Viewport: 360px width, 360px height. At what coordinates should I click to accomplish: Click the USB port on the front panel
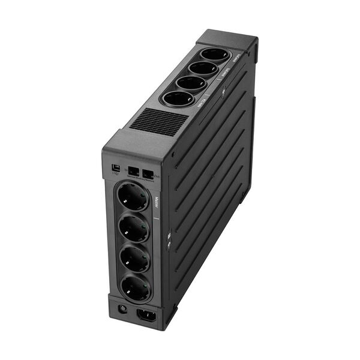point(116,167)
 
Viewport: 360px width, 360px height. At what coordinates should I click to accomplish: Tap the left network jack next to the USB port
point(133,172)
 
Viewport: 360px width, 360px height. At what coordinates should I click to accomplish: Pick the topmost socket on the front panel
point(132,197)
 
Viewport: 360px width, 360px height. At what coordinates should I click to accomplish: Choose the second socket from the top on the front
point(133,227)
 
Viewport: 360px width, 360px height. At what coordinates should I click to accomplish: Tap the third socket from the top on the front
point(134,257)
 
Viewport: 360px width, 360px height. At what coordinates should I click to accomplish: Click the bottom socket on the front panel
point(136,286)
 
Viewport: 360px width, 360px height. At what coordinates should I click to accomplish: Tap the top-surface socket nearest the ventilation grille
point(178,99)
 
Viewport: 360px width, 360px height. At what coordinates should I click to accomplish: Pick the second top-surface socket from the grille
point(191,83)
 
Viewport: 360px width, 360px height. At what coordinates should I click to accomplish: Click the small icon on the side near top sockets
point(223,92)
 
